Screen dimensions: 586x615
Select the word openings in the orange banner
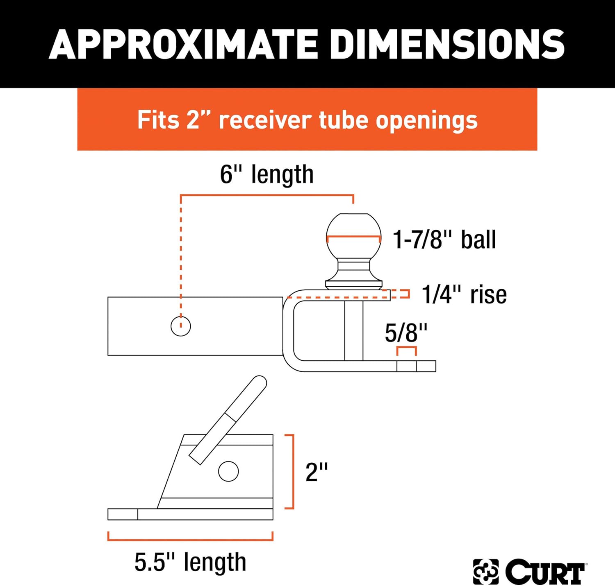(426, 121)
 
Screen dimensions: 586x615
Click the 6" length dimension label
(266, 175)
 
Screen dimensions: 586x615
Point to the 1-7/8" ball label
(444, 240)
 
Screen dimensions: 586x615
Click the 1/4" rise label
(464, 295)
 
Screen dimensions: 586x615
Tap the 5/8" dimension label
(406, 333)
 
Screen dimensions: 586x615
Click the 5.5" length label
(190, 562)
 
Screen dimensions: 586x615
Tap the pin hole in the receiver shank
(181, 326)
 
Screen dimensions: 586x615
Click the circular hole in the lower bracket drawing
(228, 471)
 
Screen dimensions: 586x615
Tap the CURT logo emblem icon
(485, 571)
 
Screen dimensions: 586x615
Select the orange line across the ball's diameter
(353, 237)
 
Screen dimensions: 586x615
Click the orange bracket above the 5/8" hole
(406, 348)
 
